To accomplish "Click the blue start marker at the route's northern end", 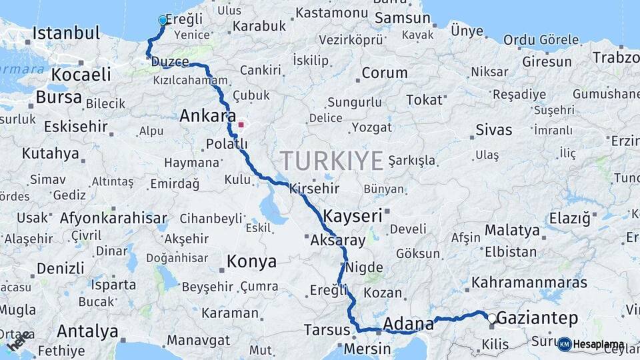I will (162, 21).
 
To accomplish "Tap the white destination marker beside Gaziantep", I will (492, 319).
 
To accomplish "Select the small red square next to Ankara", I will (241, 124).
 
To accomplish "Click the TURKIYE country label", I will (331, 161).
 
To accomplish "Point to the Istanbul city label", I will (66, 33).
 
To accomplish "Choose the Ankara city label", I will (207, 116).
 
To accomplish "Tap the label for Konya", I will (251, 261).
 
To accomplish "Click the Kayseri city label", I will (353, 216).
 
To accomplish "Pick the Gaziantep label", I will (538, 318).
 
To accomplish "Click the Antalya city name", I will (87, 331).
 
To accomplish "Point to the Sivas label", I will (494, 129).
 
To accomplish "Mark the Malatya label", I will (512, 231).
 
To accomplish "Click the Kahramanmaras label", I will (529, 282).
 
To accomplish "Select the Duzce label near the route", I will (171, 62).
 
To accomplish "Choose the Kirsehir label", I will (314, 189).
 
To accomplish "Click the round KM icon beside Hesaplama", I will (565, 344).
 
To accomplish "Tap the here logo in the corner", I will (18, 343).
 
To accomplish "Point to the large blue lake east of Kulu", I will (274, 209).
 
